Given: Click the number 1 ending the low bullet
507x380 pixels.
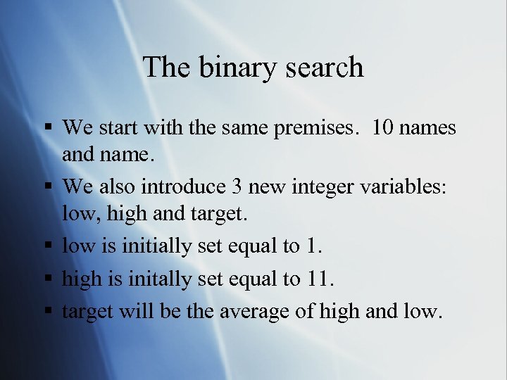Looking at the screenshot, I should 312,246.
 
